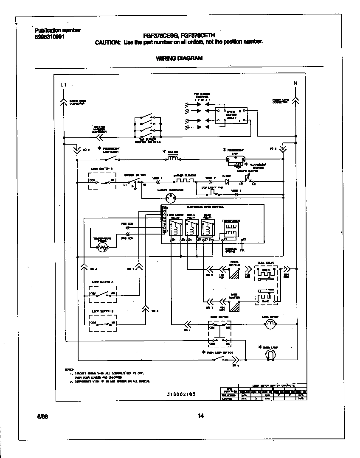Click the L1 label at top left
point(63,85)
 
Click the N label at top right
point(295,83)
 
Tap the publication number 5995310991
point(50,37)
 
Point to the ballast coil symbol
point(172,158)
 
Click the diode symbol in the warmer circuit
point(226,182)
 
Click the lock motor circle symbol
point(270,325)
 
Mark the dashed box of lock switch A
point(103,294)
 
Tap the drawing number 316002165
point(182,394)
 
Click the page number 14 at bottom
point(201,416)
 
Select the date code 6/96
point(42,416)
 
